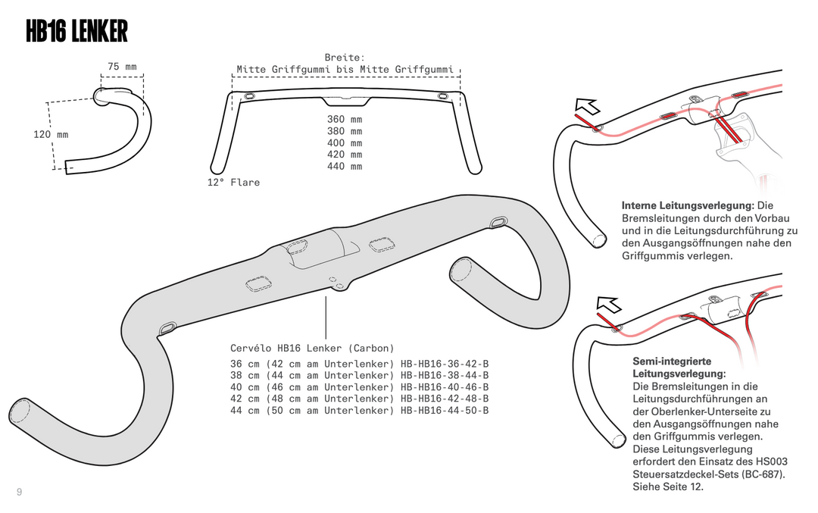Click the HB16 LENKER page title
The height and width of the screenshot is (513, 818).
(x=76, y=32)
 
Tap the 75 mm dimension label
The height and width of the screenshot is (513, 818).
(x=122, y=67)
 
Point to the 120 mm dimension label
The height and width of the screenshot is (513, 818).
(x=51, y=134)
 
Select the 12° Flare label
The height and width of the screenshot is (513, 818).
(x=233, y=183)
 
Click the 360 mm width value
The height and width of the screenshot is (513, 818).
(x=345, y=119)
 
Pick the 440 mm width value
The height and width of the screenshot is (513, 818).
(x=345, y=166)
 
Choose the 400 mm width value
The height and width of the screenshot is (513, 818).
(x=345, y=142)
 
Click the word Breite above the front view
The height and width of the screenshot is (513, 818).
(x=345, y=58)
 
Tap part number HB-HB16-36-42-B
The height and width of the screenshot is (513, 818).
(x=445, y=364)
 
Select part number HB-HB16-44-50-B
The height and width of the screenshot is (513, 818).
(x=445, y=410)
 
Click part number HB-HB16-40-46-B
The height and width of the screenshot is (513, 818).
(x=445, y=386)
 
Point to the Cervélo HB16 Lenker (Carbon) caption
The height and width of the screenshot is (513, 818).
(x=312, y=348)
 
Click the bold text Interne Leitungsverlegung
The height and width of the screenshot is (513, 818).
(x=687, y=205)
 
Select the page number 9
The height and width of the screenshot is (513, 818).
(x=19, y=493)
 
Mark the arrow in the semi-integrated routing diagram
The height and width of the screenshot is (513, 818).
(x=608, y=305)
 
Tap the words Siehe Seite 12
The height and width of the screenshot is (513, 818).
(x=668, y=486)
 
